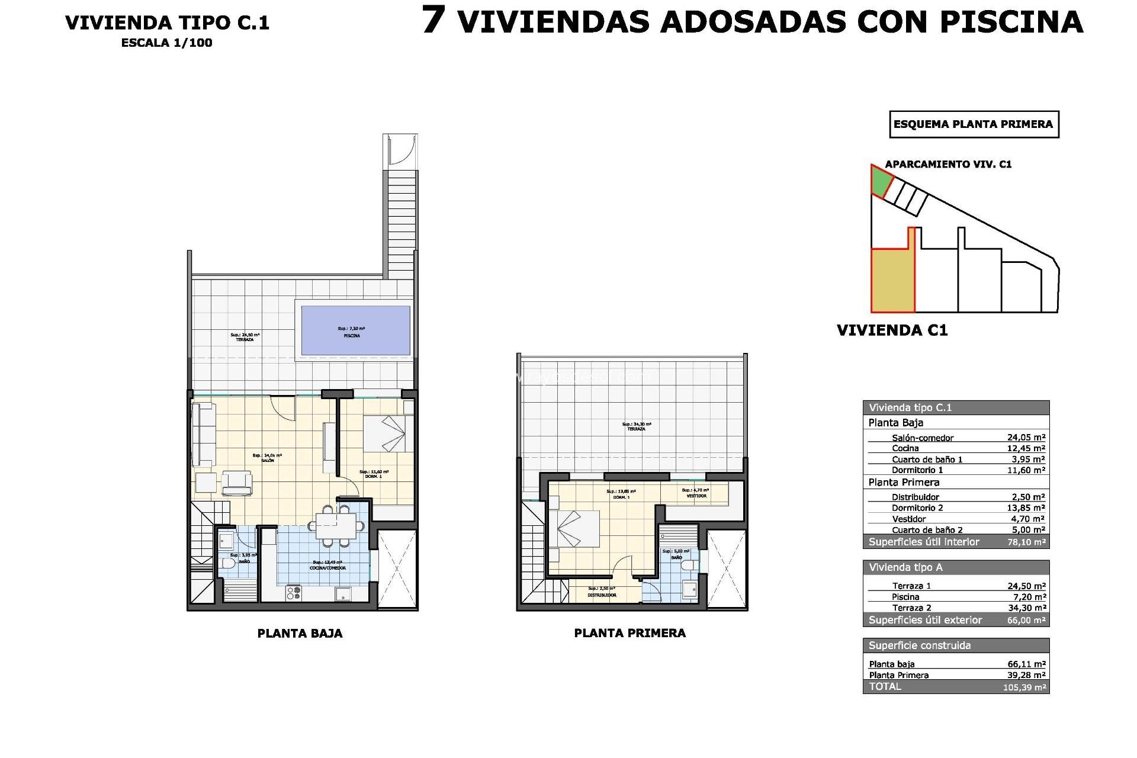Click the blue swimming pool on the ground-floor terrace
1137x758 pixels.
355,330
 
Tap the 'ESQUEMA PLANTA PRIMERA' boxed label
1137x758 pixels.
974,124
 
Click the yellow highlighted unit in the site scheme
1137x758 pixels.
892,280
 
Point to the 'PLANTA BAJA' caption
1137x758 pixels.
300,634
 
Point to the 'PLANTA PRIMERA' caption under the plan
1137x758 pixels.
629,633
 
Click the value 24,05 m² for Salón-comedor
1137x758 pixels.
1026,438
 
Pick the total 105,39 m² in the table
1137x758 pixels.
1024,688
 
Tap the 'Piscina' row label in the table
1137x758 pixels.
905,597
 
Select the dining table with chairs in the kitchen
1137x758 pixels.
335,525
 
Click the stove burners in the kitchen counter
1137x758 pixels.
294,592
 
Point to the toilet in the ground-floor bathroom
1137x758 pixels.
229,563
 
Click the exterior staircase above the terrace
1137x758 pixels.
402,222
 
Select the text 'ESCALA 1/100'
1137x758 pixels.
166,43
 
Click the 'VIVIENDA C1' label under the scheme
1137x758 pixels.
892,330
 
